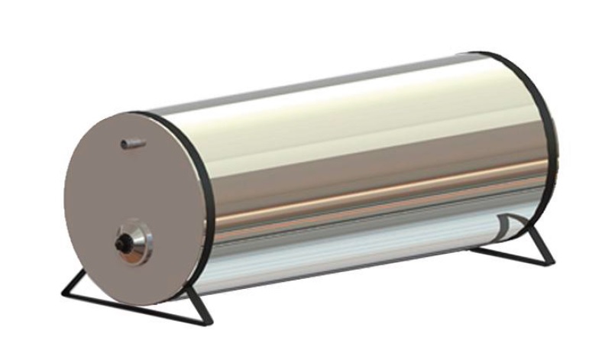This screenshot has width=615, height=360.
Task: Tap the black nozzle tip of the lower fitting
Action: (x=120, y=243)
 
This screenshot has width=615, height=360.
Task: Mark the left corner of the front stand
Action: (x=63, y=295)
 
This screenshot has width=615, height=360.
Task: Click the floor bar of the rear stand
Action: (x=512, y=255)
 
